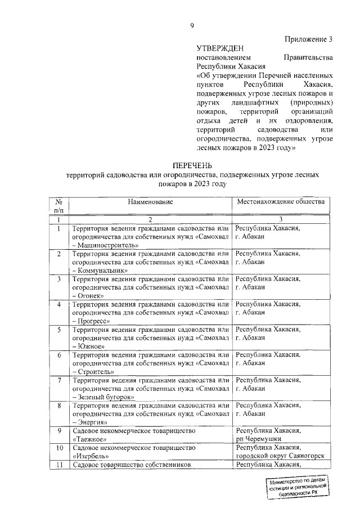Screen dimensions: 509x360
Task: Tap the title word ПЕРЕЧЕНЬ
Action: [x=192, y=165]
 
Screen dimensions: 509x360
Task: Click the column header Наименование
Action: [x=150, y=201]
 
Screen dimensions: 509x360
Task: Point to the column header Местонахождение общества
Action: [x=281, y=201]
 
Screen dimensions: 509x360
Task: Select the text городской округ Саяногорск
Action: [x=280, y=457]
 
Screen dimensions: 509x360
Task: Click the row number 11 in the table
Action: [x=58, y=465]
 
